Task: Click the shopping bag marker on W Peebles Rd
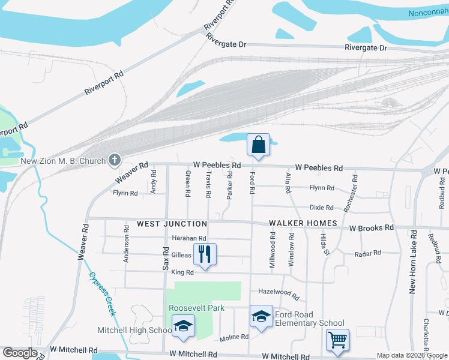point(258,145)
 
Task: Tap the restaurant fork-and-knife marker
point(205,254)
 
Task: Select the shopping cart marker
point(337,340)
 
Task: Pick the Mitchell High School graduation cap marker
point(183,326)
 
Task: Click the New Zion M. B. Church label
point(63,161)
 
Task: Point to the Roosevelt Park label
point(196,308)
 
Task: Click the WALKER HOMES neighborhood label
point(303,224)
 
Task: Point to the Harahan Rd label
point(189,238)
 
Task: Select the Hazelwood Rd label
point(279,293)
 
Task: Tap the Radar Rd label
point(369,253)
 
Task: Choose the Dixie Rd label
point(321,208)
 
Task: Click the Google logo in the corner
point(20,353)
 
